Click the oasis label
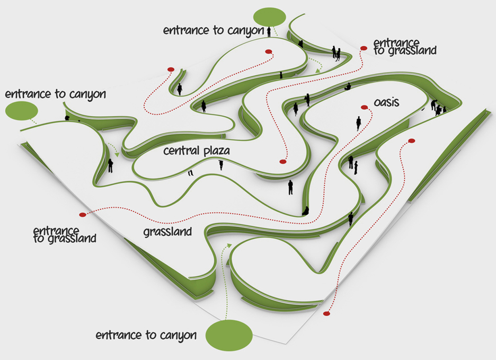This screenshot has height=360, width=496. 386,102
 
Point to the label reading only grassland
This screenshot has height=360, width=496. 167,232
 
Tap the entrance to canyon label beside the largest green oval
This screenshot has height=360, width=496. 146,336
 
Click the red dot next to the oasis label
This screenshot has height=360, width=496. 365,108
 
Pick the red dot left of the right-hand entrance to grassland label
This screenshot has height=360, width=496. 364,48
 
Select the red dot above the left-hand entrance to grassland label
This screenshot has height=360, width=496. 82,215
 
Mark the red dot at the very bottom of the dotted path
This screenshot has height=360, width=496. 326,314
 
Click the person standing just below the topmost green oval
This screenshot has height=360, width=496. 269,32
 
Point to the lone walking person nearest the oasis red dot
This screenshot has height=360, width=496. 359,124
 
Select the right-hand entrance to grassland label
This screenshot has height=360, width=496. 405,47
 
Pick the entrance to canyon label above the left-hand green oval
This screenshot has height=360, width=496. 55,94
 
